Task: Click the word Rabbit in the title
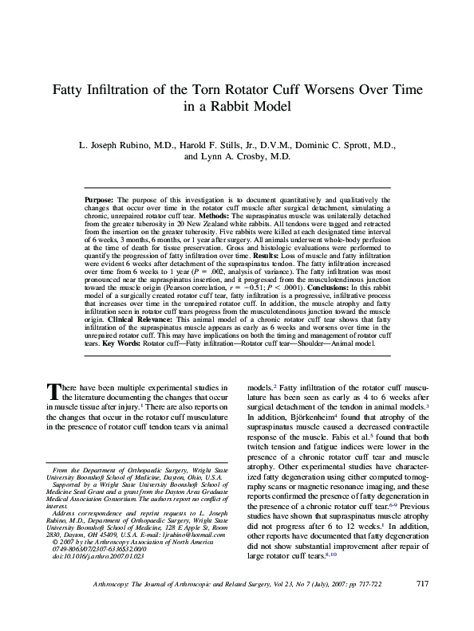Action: [x=218, y=108]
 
